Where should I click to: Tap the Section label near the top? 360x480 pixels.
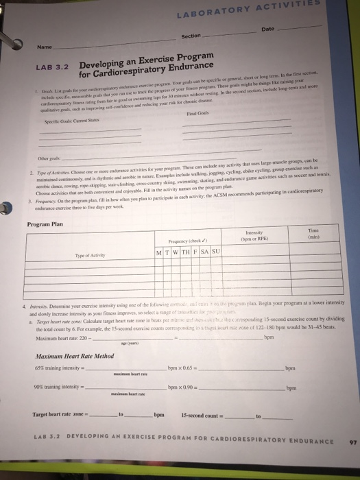coord(191,36)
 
